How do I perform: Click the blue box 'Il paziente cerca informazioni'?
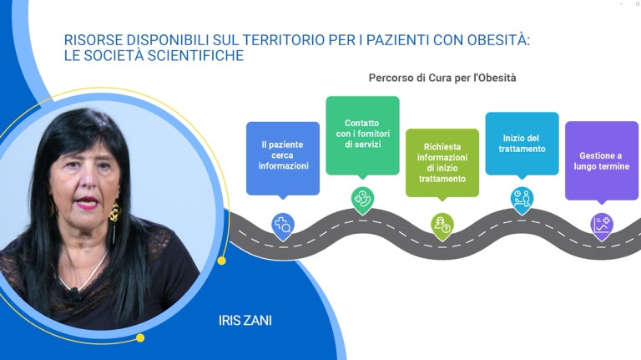283,155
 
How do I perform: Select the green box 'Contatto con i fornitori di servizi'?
362,134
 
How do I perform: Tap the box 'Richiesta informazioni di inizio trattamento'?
442,162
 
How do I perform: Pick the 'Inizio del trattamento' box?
522,143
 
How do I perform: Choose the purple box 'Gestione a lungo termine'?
601,160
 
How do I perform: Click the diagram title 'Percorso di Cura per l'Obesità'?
442,78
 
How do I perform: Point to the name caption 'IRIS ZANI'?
245,319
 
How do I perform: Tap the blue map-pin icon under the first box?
283,224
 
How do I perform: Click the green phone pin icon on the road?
362,200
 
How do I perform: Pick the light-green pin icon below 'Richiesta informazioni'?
442,224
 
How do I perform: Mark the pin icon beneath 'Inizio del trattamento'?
522,199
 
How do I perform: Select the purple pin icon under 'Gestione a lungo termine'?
601,224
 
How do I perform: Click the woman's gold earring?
114,212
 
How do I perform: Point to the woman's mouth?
83,202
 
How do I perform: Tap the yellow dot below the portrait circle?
140,337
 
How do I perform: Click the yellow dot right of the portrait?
221,261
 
